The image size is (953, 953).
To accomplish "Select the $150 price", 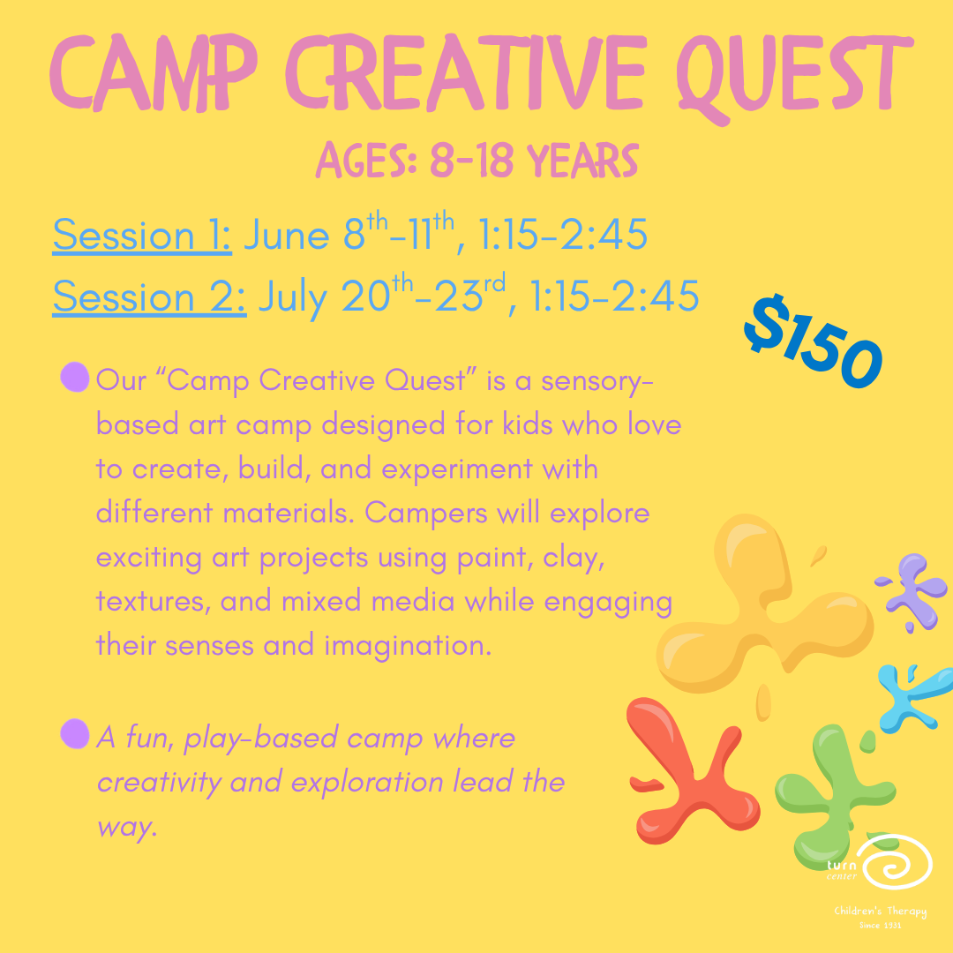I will [813, 341].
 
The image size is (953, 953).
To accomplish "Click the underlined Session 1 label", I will [142, 236].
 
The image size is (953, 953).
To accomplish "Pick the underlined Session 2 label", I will [149, 297].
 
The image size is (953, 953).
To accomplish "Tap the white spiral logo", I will [896, 860].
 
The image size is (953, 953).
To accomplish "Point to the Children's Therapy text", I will [880, 912].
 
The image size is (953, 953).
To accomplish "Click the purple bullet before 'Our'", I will [76, 378].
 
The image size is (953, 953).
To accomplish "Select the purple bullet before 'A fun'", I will [76, 733].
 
